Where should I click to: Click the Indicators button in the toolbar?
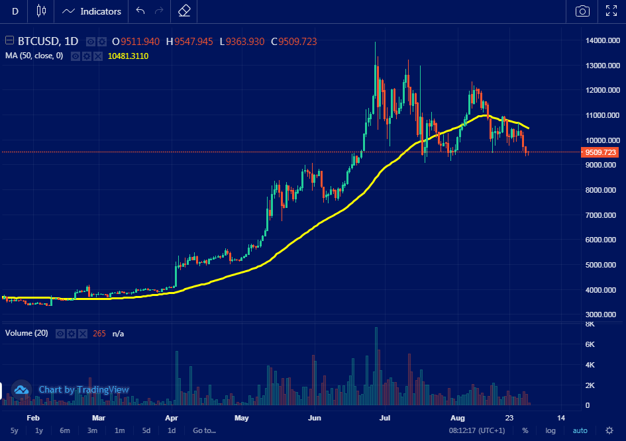click(x=92, y=11)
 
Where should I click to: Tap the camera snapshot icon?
click(x=582, y=11)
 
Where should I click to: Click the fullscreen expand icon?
click(x=611, y=11)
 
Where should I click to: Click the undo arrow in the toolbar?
click(x=140, y=11)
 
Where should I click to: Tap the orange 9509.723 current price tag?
click(x=601, y=152)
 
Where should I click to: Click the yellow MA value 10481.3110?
click(x=128, y=56)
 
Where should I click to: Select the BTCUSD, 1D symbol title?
click(x=48, y=42)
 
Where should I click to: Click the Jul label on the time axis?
click(x=384, y=418)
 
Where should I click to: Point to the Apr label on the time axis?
click(x=172, y=418)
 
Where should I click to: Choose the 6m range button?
click(x=65, y=430)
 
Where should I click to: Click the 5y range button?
click(x=15, y=430)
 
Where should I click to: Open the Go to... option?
click(x=204, y=430)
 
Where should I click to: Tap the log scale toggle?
click(x=550, y=430)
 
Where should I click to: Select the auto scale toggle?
click(x=580, y=430)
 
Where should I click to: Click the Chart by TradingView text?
click(x=83, y=390)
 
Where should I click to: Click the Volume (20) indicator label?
click(x=26, y=334)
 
